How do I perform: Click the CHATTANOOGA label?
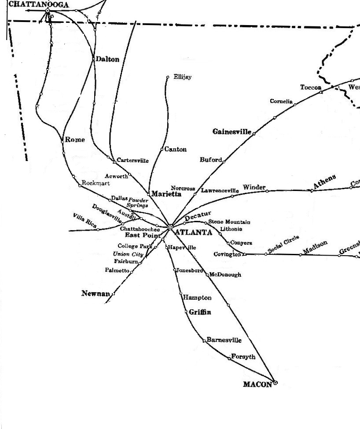tap(39, 5)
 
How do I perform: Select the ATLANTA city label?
tap(193, 232)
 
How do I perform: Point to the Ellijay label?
tap(182, 77)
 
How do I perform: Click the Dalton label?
tap(107, 59)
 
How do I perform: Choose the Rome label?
tap(75, 140)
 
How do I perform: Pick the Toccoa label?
tap(311, 88)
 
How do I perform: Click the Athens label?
tap(324, 182)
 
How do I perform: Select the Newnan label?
tap(95, 293)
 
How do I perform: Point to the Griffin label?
tap(200, 312)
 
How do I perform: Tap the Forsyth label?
tap(243, 357)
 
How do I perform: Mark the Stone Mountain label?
tap(229, 222)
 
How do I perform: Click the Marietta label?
tap(166, 194)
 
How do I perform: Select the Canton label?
tap(175, 150)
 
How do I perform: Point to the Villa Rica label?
tap(85, 220)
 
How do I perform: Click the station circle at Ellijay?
tap(168, 77)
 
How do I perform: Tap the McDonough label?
tap(225, 275)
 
